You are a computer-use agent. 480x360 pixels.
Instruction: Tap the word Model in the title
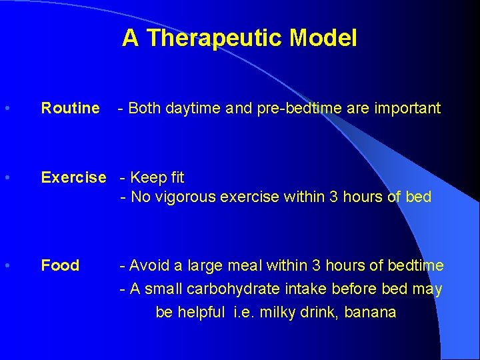[x=323, y=38]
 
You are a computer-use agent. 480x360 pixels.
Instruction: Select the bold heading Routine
[x=70, y=108]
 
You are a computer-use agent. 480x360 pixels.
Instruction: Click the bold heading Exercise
[x=73, y=177]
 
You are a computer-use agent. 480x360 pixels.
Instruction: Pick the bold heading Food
[x=60, y=265]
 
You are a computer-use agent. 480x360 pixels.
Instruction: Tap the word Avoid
[x=149, y=265]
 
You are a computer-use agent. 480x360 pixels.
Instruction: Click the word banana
[x=371, y=312]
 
